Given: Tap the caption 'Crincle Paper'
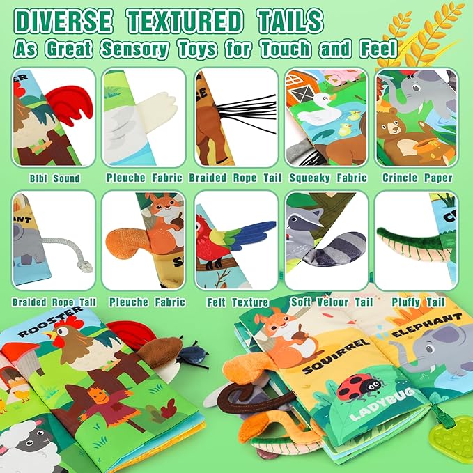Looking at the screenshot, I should click(x=417, y=178).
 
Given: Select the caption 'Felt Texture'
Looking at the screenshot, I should click(x=237, y=302).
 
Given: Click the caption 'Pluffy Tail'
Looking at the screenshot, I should click(x=418, y=302).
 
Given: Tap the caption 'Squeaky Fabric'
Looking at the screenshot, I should click(x=325, y=178).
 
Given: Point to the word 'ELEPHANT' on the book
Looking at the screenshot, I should click(x=426, y=327).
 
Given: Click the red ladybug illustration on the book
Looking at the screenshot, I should click(x=355, y=389).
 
